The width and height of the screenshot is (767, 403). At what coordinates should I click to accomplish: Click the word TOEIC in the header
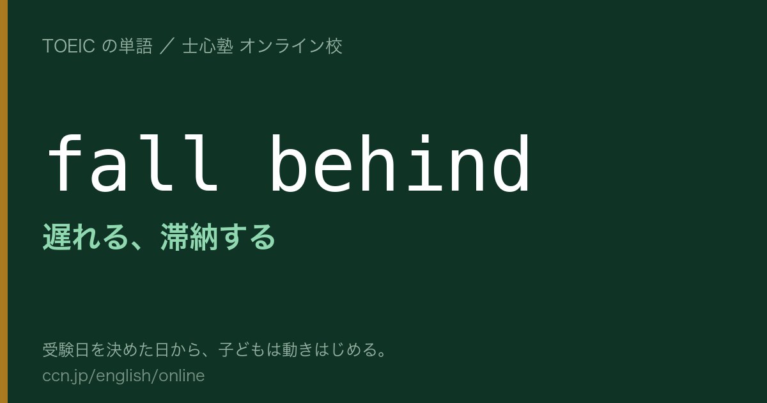pyautogui.click(x=68, y=46)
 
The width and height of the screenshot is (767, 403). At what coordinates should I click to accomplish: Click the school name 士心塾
pyautogui.click(x=208, y=46)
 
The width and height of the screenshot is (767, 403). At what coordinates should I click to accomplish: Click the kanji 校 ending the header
pyautogui.click(x=334, y=46)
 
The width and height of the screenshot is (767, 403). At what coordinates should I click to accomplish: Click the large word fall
pyautogui.click(x=133, y=162)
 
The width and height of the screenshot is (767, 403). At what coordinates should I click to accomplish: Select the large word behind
pyautogui.click(x=400, y=162)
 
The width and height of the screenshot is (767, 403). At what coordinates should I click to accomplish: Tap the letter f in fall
pyautogui.click(x=65, y=162)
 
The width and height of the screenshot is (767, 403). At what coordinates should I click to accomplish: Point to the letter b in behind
pyautogui.click(x=289, y=162)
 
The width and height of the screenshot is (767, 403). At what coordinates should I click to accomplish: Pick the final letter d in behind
pyautogui.click(x=511, y=162)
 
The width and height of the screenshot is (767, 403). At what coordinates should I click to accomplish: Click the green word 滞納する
pyautogui.click(x=218, y=237)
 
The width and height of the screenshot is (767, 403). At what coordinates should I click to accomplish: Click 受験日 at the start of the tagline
pyautogui.click(x=66, y=350)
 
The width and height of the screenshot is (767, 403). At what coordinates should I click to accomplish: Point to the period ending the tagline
pyautogui.click(x=382, y=354)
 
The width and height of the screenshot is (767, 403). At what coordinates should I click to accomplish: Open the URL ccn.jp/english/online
pyautogui.click(x=123, y=376)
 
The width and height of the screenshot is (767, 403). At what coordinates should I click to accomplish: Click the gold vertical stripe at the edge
pyautogui.click(x=4, y=201)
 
